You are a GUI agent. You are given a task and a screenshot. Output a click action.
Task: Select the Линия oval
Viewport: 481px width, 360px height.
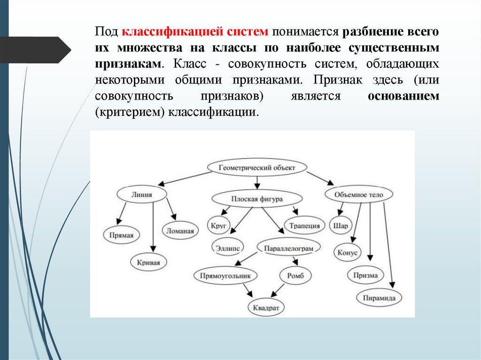click(142, 194)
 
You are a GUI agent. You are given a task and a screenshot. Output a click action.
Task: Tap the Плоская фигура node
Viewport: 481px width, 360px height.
click(256, 199)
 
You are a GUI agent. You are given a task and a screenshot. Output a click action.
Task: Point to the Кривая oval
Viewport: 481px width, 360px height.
click(152, 262)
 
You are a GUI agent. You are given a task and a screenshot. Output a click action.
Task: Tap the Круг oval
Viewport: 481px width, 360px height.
click(219, 225)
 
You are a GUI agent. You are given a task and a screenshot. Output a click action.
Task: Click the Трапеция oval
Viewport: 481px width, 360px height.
click(304, 226)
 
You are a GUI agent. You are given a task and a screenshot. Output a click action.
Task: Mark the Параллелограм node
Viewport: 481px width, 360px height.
click(289, 247)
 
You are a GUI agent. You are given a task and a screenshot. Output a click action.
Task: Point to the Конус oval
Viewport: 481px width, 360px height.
click(348, 253)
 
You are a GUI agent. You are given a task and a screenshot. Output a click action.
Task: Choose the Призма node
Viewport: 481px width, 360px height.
click(366, 275)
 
